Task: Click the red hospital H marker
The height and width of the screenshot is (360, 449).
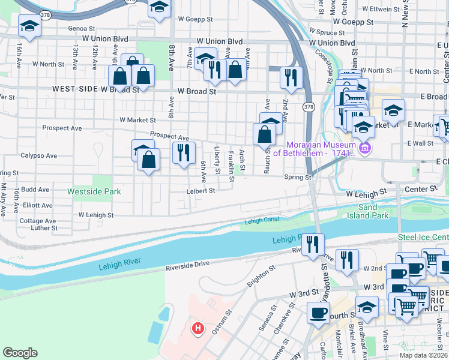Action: tap(197, 329)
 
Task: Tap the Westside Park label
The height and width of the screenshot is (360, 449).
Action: tap(94, 191)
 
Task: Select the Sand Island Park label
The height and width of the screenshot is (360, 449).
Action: tap(368, 211)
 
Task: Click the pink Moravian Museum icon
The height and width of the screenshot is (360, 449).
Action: tap(363, 148)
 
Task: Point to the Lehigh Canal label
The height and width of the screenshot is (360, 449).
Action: tap(262, 221)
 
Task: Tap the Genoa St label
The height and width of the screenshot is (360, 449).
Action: tap(82, 28)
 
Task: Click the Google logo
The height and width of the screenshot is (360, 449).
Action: tap(20, 353)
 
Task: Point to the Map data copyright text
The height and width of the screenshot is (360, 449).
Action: tap(423, 355)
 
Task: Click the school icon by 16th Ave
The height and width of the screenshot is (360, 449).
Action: tap(29, 26)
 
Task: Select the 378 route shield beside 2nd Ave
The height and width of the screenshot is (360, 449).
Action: tap(308, 107)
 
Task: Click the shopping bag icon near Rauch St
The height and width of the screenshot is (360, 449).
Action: tap(264, 134)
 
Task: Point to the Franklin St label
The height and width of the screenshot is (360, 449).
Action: tap(231, 166)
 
